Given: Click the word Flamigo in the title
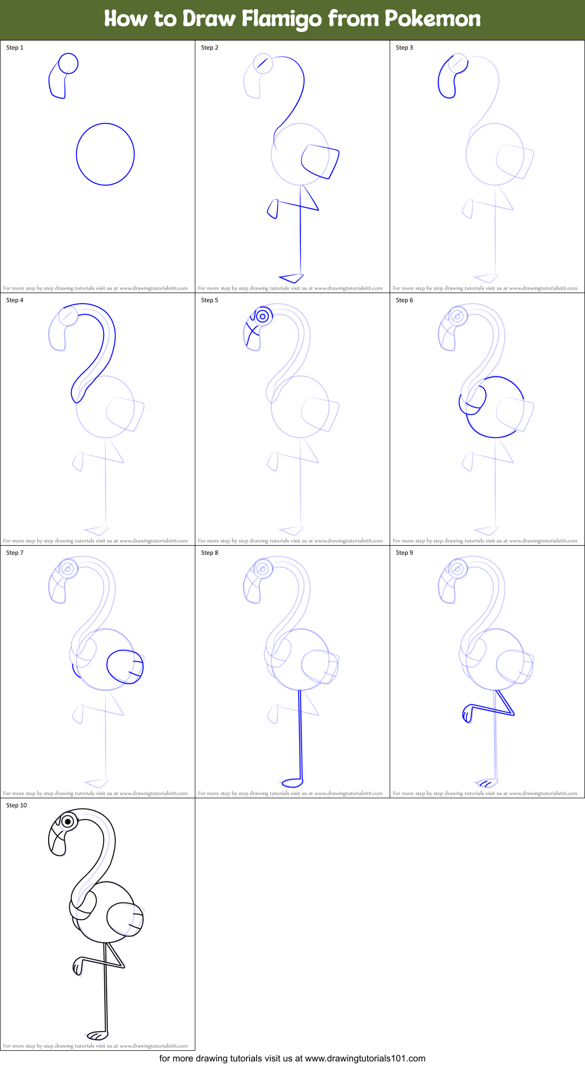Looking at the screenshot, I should coord(282,19).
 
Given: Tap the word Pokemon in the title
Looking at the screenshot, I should coord(433,19).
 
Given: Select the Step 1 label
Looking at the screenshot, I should coord(15,48).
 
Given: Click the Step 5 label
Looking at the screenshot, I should coord(210,300).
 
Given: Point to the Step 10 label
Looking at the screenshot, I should coord(17,805).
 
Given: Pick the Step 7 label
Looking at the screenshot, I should coord(15,553).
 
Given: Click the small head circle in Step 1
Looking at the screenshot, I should coord(68,64).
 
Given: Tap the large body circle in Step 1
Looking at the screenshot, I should coord(105,154).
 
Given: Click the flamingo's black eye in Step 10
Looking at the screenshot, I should coord(68,822).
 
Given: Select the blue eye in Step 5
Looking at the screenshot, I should coord(262,317).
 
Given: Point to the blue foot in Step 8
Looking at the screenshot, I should coord(291,783).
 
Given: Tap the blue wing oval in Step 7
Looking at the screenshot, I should coord(124,667).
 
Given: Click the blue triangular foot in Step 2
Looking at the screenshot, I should coord(292,277).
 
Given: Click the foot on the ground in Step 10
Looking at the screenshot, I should coord(97,1035).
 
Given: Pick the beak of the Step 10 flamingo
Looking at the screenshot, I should coord(57,840).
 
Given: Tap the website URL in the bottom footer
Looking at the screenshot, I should coord(365,1058).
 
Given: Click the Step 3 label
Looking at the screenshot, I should coord(404,48).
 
